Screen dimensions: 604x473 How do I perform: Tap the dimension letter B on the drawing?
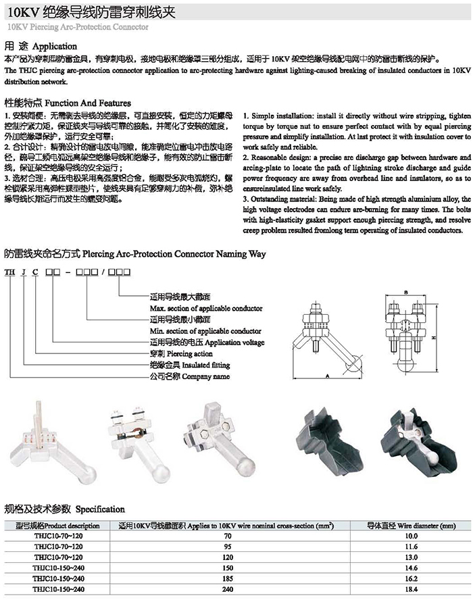point(405,292)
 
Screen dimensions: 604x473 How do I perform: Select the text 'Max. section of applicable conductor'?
point(205,308)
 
